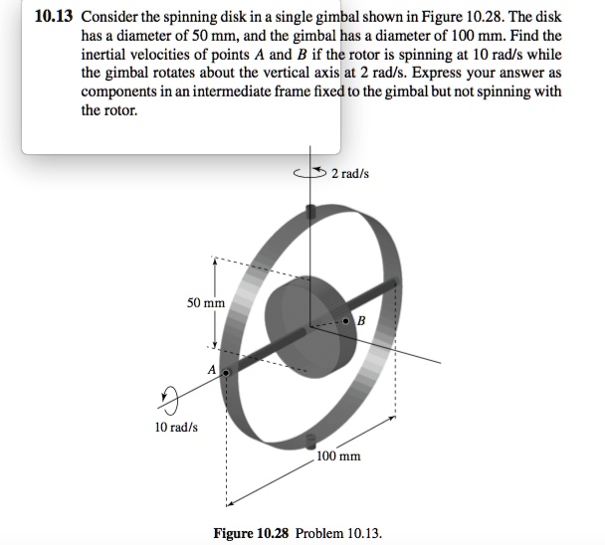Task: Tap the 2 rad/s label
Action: [x=350, y=174]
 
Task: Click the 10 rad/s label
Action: [x=176, y=427]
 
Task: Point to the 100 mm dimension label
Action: [x=339, y=456]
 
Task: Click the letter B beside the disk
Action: [x=360, y=321]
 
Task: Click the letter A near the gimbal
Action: [x=211, y=369]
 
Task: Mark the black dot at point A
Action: [x=225, y=375]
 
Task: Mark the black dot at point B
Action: [x=345, y=322]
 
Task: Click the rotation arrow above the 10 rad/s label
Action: [x=164, y=400]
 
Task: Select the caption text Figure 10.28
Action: [x=251, y=533]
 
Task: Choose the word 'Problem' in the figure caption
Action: [x=319, y=533]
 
